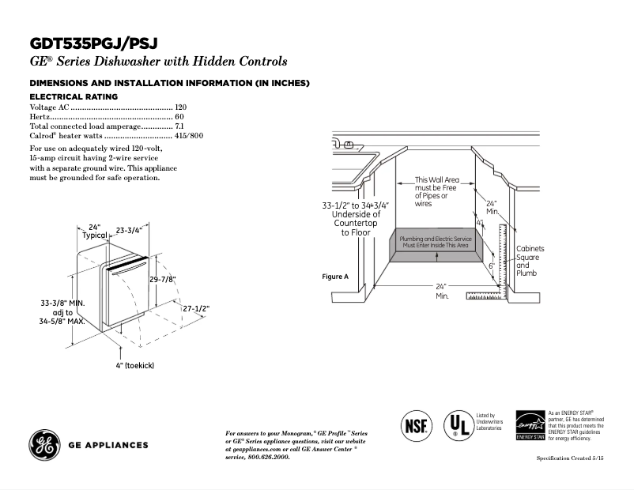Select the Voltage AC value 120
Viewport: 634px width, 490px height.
(180, 107)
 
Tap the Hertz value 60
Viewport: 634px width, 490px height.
(179, 116)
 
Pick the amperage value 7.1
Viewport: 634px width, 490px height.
(179, 126)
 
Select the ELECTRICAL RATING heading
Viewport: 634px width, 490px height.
(74, 96)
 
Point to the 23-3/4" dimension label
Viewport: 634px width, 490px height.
(129, 231)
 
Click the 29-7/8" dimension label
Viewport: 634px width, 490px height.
(161, 279)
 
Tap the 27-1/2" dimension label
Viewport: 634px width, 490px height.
(195, 308)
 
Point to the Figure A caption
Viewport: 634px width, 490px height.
(335, 277)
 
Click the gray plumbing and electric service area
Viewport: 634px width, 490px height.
(435, 243)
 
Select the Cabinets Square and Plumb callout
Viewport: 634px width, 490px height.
(530, 261)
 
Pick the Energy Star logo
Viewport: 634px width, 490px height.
(530, 425)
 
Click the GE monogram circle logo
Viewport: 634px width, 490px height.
(44, 444)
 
